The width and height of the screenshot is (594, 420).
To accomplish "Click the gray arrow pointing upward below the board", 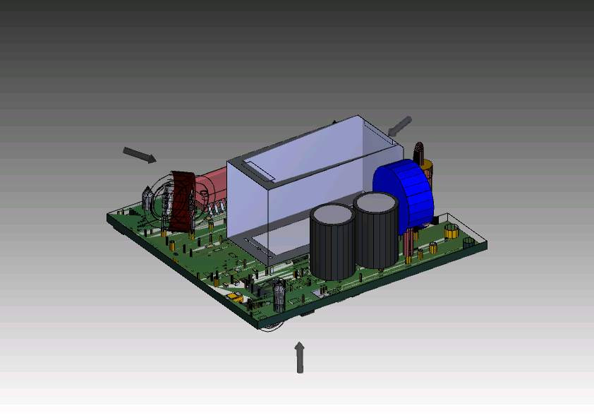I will coord(300,357).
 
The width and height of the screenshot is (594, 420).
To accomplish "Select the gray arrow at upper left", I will coord(140,155).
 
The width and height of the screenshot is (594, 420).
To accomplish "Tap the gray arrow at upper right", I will coord(399,126).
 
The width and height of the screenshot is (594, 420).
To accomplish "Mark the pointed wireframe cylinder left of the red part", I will coord(148,200).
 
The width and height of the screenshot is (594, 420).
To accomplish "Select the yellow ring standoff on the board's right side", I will coord(451,230).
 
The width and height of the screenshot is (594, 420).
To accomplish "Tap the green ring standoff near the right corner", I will coord(468,241).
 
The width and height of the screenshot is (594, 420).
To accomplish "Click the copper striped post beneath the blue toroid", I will coord(409,244).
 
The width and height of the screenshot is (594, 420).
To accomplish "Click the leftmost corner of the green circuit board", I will coord(109,217).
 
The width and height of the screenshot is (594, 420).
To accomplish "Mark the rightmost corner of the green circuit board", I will coord(487,244).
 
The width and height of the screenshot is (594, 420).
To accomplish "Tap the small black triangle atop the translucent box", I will coord(334,121).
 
